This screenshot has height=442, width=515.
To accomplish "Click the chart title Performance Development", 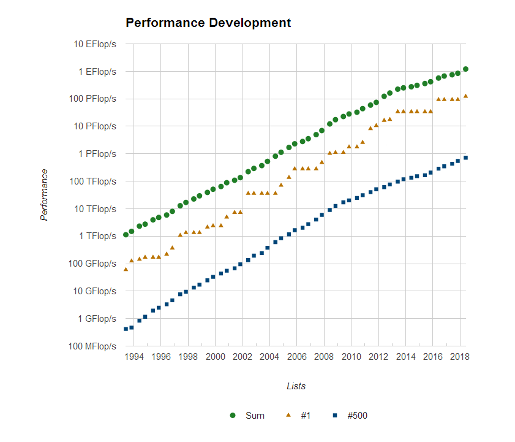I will [x=208, y=23].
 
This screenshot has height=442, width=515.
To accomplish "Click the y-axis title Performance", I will [x=44, y=195].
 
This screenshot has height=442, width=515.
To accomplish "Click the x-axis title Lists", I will [x=296, y=386].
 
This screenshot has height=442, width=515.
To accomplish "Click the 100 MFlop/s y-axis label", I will [x=94, y=346].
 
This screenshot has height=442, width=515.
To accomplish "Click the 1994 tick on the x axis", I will [x=134, y=357].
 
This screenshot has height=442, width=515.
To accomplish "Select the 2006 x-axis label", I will [x=296, y=357].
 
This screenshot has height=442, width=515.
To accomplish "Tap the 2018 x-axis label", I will [x=459, y=357].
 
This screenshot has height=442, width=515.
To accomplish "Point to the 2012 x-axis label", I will [x=378, y=357].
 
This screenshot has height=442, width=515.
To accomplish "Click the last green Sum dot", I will [x=465, y=69].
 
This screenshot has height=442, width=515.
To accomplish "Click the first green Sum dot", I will [x=126, y=235].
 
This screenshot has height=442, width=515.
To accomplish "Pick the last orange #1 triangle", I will [x=465, y=96].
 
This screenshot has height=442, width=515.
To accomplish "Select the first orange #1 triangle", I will [x=126, y=269].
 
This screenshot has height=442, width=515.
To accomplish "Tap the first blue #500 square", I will [x=126, y=329].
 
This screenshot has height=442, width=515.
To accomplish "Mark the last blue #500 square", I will [x=465, y=158].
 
